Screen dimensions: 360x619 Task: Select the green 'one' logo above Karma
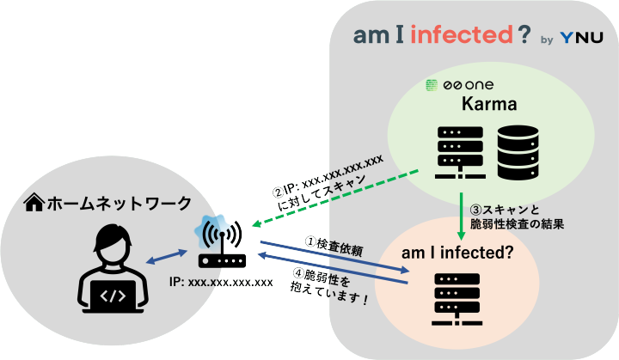(469, 85)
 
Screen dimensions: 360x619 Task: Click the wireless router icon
(222, 243)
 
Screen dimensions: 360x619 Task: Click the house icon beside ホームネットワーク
(34, 203)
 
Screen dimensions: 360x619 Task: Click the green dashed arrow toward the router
(335, 199)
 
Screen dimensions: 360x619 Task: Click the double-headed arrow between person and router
(168, 257)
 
